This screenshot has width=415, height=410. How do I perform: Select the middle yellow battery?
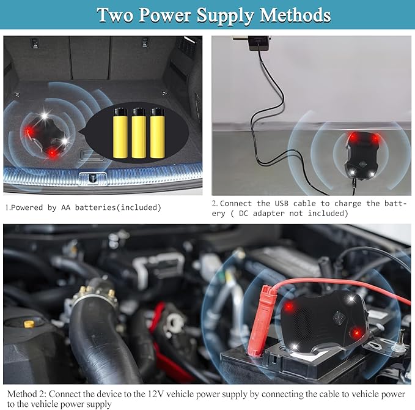139,133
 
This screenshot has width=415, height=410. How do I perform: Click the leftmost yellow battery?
120,133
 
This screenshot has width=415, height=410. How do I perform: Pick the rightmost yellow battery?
157,133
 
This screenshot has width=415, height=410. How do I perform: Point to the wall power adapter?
259,43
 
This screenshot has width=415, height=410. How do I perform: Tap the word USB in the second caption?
281,204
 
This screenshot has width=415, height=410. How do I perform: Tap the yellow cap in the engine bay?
29,324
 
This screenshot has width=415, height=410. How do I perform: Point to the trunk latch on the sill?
93,177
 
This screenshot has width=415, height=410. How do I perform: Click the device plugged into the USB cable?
362,155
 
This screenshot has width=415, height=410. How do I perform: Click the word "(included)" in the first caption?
139,207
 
